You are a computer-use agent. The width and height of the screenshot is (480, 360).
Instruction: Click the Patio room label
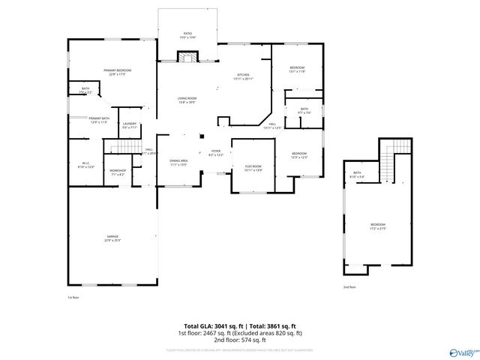point(187,34)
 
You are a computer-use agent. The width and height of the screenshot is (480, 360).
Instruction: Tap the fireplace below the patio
point(187,58)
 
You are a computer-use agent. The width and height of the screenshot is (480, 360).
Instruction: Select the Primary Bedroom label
point(116,71)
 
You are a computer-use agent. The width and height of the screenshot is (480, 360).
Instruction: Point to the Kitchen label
point(243,76)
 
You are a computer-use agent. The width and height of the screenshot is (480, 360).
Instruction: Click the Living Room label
point(187,100)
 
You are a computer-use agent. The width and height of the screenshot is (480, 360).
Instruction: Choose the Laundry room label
point(129,124)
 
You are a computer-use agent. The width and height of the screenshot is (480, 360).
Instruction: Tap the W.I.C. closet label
point(85,164)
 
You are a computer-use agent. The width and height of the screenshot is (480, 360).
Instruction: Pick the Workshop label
point(117,172)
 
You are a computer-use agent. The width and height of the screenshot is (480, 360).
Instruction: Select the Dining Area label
point(178,162)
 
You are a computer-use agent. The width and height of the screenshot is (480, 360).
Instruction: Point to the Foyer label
point(215,152)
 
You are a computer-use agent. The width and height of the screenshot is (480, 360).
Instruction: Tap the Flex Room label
point(253,166)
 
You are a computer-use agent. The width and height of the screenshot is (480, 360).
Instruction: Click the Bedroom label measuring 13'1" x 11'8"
point(297,69)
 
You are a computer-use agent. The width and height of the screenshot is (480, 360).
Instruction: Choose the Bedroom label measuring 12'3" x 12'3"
point(299,154)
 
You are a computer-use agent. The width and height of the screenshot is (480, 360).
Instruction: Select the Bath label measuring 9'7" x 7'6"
point(304,110)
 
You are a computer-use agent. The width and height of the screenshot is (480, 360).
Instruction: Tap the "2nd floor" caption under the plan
point(349,287)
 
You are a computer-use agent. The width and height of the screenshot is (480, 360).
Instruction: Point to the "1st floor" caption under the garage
point(73,297)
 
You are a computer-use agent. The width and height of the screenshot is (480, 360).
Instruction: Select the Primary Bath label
point(99,119)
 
